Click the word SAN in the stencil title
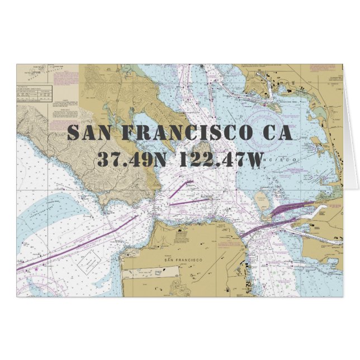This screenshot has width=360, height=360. (91, 133)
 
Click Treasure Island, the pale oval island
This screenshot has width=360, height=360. (261, 200)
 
